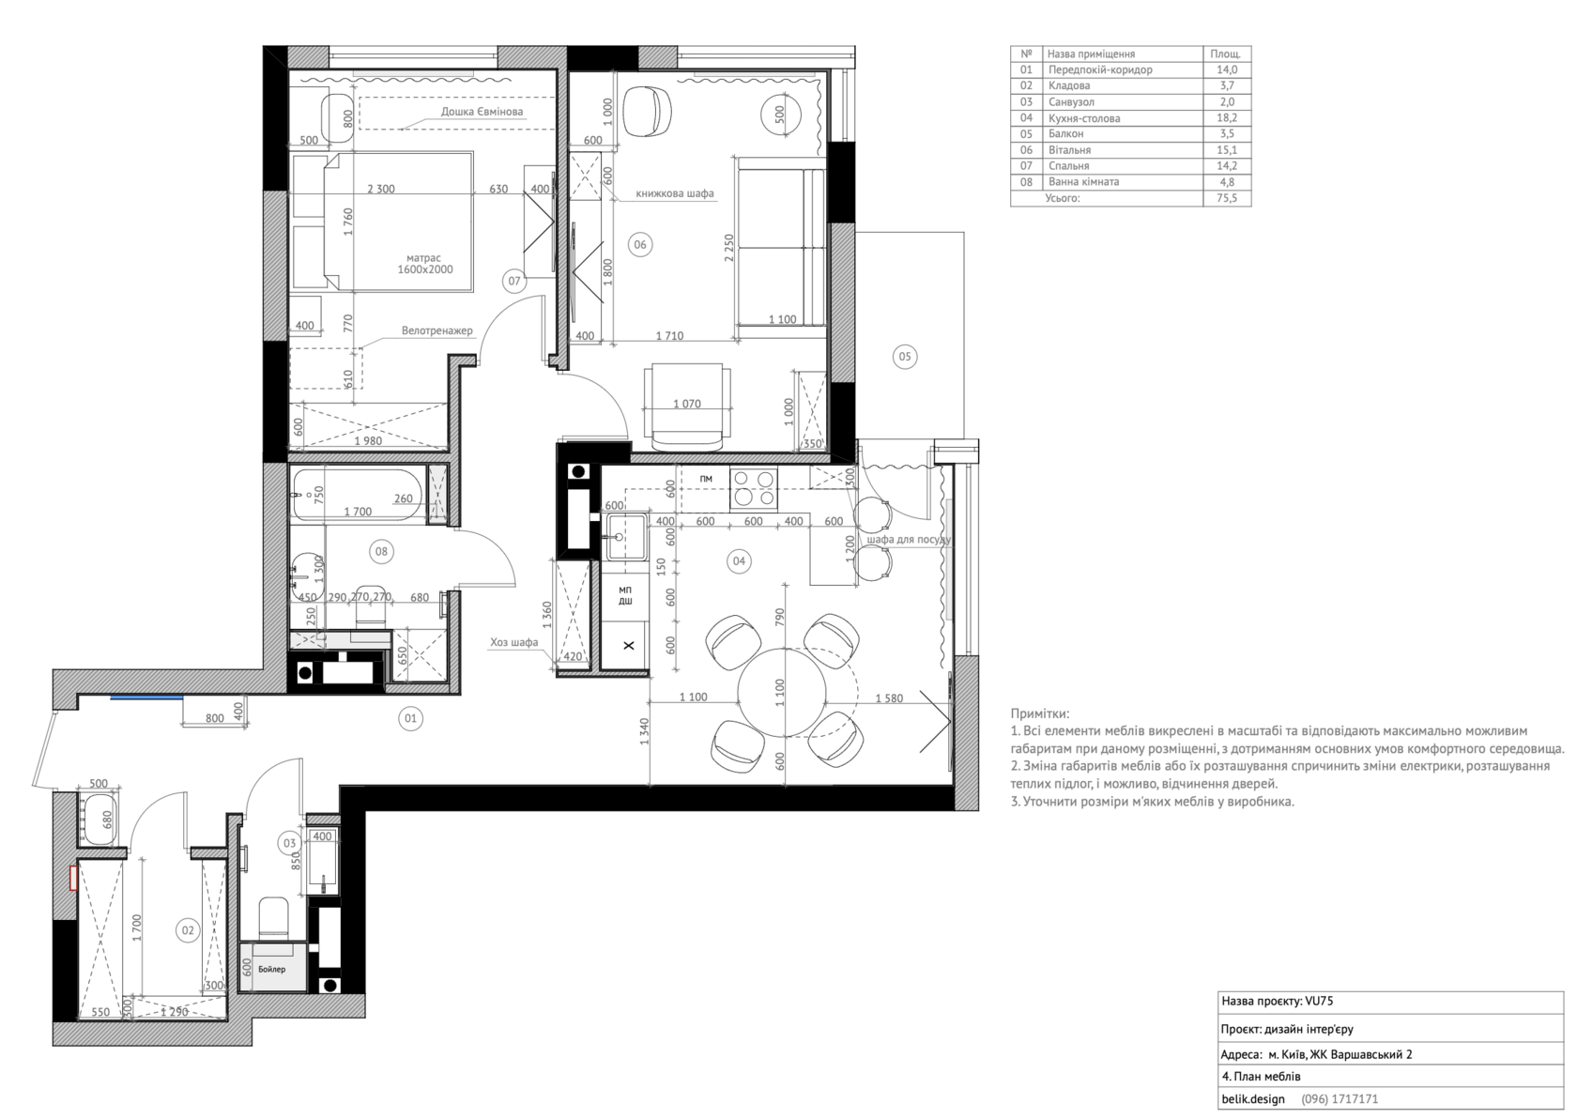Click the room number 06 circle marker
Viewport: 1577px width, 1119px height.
click(640, 244)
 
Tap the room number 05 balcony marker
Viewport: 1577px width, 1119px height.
click(905, 357)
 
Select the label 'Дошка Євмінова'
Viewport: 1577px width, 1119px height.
click(482, 112)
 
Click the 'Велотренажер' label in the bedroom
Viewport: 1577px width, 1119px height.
click(437, 330)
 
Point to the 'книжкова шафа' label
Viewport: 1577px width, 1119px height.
click(674, 193)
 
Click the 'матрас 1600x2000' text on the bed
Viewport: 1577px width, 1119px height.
click(424, 264)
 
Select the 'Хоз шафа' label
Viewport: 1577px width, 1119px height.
click(514, 641)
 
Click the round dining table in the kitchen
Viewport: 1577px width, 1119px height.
click(781, 692)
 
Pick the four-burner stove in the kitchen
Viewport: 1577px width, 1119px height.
click(753, 489)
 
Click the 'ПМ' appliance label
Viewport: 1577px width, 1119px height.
click(706, 479)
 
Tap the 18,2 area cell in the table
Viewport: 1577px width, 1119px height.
click(1227, 117)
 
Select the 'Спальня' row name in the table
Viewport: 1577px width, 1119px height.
click(1068, 165)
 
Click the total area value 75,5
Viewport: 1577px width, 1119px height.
click(1227, 198)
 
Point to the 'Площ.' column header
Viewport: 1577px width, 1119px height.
click(1226, 54)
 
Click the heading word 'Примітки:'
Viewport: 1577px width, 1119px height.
click(1040, 713)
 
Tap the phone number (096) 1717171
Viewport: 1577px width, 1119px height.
click(1340, 1098)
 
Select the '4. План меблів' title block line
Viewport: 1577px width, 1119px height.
click(1261, 1076)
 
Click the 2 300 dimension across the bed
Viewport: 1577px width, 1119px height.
click(381, 189)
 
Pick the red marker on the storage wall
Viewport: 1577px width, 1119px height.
click(72, 878)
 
